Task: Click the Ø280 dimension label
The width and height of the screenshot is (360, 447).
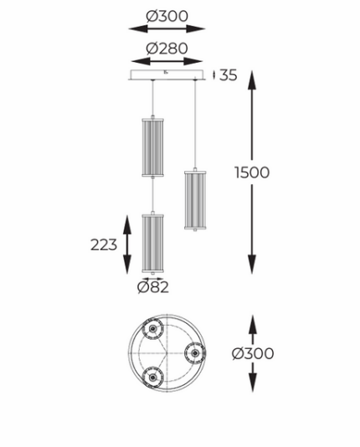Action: click(167, 49)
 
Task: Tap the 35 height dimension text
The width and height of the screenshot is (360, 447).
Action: click(228, 75)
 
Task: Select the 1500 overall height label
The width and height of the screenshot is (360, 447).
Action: click(252, 172)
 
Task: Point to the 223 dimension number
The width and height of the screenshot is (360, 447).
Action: click(104, 245)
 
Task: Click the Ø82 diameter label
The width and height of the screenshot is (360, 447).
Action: click(153, 287)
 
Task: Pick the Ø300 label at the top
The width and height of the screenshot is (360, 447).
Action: click(167, 16)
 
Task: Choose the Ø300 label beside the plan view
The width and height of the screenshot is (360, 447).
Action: click(253, 353)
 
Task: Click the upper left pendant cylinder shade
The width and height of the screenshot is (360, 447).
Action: click(152, 147)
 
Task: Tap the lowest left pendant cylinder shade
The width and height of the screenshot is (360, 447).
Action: click(152, 243)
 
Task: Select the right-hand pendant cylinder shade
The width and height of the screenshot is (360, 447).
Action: click(195, 200)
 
